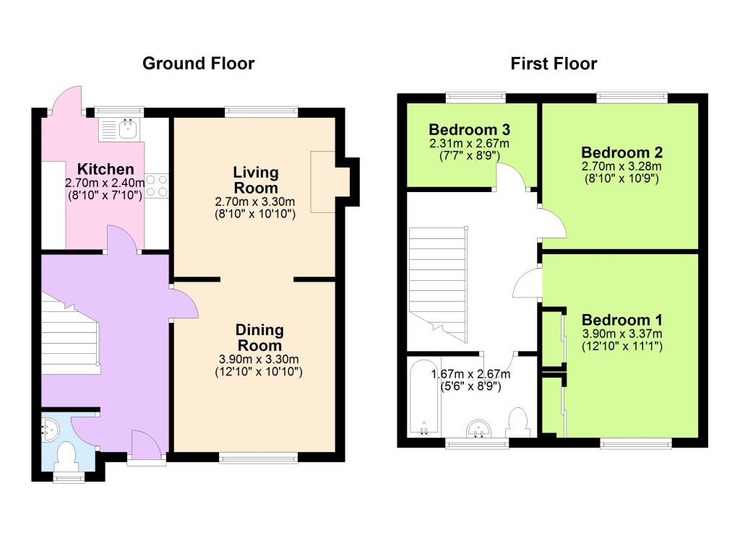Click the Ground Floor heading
pyautogui.click(x=198, y=63)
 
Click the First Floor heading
pyautogui.click(x=554, y=63)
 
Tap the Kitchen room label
pyautogui.click(x=106, y=169)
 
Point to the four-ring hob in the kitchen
pyautogui.click(x=157, y=186)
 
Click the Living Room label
pyautogui.click(x=256, y=180)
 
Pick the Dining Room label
pyautogui.click(x=259, y=337)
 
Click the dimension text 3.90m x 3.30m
pyautogui.click(x=259, y=359)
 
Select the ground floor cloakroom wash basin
pyautogui.click(x=49, y=428)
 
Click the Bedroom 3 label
pyautogui.click(x=469, y=129)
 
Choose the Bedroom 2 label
pyautogui.click(x=621, y=152)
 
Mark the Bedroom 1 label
pyautogui.click(x=621, y=320)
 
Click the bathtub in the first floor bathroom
pyautogui.click(x=424, y=397)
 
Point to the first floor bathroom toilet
pyautogui.click(x=517, y=422)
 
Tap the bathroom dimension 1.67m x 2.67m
pyautogui.click(x=470, y=374)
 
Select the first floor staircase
pyautogui.click(x=437, y=285)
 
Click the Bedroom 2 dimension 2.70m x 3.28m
pyautogui.click(x=621, y=166)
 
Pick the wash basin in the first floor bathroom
pyautogui.click(x=478, y=429)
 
